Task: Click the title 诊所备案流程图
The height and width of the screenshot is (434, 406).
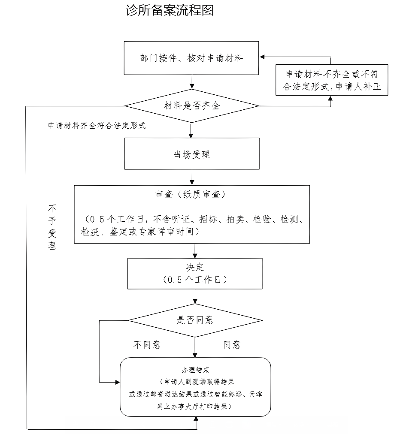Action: tap(170, 11)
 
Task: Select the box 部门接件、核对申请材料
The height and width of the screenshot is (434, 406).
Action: tap(191, 58)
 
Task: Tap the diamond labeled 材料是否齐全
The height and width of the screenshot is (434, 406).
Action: tap(192, 105)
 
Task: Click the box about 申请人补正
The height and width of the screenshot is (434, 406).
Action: tap(332, 80)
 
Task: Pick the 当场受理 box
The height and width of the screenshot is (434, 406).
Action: tap(191, 154)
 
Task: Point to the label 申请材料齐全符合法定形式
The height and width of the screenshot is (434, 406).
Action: tap(97, 126)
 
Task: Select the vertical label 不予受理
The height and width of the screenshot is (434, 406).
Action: tap(52, 227)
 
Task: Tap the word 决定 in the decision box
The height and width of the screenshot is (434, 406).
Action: tap(195, 267)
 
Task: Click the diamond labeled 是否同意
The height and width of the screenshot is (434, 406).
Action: tap(195, 320)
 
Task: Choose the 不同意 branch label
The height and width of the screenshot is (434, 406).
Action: tap(147, 345)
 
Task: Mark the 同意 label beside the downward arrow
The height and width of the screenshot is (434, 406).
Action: tap(232, 345)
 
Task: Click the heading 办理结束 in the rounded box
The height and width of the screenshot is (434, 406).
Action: tap(195, 369)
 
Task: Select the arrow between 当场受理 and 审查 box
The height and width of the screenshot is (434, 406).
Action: tap(192, 177)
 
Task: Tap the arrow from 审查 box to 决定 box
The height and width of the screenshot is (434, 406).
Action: tap(195, 250)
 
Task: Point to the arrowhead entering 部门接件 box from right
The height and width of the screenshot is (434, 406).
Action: tap(262, 57)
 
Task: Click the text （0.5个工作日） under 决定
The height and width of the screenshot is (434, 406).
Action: tap(195, 280)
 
